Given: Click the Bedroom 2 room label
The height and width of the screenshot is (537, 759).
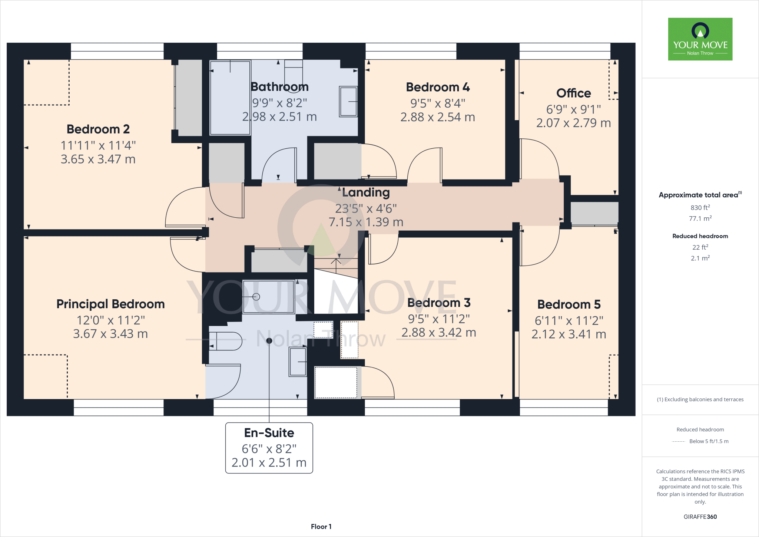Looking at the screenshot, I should pyautogui.click(x=98, y=129).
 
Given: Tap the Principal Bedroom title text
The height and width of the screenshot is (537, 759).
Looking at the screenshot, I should pyautogui.click(x=110, y=304).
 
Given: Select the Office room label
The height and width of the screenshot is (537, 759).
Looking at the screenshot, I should pyautogui.click(x=573, y=93).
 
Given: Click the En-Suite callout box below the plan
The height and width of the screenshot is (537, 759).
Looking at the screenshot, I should pyautogui.click(x=269, y=448).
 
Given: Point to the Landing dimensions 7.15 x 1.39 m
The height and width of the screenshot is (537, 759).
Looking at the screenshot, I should pyautogui.click(x=366, y=222).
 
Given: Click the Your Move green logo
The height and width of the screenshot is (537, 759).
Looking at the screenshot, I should pyautogui.click(x=700, y=39).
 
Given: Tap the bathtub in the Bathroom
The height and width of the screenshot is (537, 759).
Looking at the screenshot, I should pyautogui.click(x=230, y=98).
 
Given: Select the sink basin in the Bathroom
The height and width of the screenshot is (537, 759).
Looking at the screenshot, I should pyautogui.click(x=348, y=101).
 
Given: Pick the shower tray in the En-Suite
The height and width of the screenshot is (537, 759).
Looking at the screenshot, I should pyautogui.click(x=268, y=297).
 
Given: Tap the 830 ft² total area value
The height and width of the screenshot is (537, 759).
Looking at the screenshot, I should pyautogui.click(x=700, y=208).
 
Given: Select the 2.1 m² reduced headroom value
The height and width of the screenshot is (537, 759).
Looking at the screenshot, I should pyautogui.click(x=700, y=258).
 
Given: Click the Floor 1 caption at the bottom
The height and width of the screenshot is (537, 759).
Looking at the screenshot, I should pyautogui.click(x=321, y=527).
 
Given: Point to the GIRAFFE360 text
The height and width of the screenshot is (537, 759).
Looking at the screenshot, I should pyautogui.click(x=700, y=517).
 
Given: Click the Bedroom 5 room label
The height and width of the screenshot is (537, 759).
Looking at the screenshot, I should pyautogui.click(x=569, y=304).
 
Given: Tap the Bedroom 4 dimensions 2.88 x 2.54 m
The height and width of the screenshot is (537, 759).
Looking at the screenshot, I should pyautogui.click(x=438, y=117).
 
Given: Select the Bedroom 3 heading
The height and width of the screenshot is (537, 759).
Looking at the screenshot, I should pyautogui.click(x=439, y=303).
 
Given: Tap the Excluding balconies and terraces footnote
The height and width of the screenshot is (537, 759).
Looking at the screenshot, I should pyautogui.click(x=700, y=399).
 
